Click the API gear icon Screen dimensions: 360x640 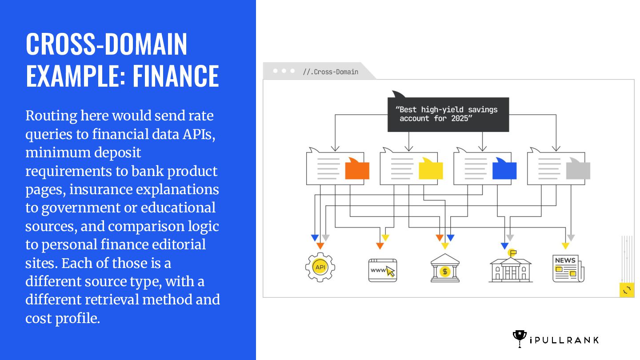point(320,267)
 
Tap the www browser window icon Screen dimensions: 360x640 point(383,270)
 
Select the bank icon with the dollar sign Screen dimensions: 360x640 point(445,268)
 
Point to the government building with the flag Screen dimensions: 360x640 point(510,268)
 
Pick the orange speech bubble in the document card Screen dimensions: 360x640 point(357,169)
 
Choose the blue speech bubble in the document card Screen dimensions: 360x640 point(504,169)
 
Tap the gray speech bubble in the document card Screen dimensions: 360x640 point(578,170)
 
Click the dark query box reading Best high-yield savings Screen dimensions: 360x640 point(448,114)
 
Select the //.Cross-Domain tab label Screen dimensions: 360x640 point(330,72)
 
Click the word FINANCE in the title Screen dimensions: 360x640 point(176,76)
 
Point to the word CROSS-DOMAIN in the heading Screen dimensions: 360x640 point(107,44)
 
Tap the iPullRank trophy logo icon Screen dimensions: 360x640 point(519,339)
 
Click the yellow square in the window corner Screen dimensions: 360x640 point(627,290)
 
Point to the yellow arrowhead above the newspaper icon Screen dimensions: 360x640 point(565,246)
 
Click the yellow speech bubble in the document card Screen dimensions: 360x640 point(431,169)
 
